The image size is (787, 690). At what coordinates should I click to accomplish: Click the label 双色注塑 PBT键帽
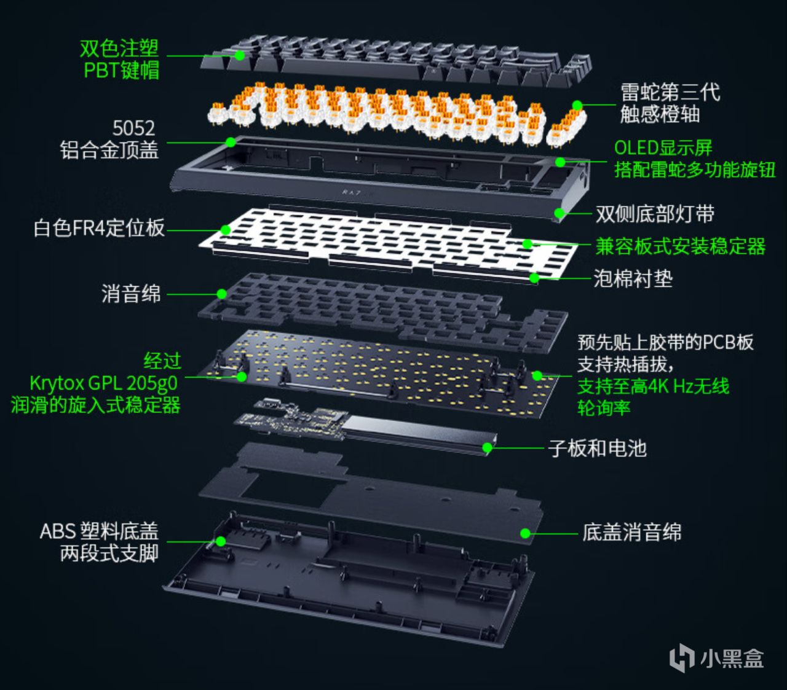tap(120, 59)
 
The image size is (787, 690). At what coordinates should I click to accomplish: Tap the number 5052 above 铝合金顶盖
tap(133, 128)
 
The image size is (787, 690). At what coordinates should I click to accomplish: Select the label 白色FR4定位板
tap(99, 228)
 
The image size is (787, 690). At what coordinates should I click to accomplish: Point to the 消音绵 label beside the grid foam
tap(131, 294)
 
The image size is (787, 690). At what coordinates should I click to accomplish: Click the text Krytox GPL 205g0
tap(104, 383)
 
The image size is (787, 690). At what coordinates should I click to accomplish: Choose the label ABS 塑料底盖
tap(99, 531)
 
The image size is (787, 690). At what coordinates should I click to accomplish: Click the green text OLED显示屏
tap(663, 148)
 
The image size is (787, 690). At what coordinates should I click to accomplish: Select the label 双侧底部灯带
tap(655, 214)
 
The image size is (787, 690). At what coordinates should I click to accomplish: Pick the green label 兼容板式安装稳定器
tap(680, 246)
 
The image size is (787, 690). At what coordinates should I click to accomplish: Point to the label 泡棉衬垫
tap(633, 278)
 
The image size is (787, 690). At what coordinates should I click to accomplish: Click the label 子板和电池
tap(597, 449)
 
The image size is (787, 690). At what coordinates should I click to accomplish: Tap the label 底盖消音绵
tap(631, 532)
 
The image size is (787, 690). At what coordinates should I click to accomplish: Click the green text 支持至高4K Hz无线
tap(653, 386)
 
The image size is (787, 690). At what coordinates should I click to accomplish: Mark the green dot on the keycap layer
tap(240, 55)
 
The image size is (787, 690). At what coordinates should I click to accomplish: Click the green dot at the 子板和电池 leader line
tap(487, 448)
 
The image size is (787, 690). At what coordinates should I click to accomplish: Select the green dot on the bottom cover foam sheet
tap(525, 533)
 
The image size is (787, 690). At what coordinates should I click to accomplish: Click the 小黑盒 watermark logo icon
tap(682, 658)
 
